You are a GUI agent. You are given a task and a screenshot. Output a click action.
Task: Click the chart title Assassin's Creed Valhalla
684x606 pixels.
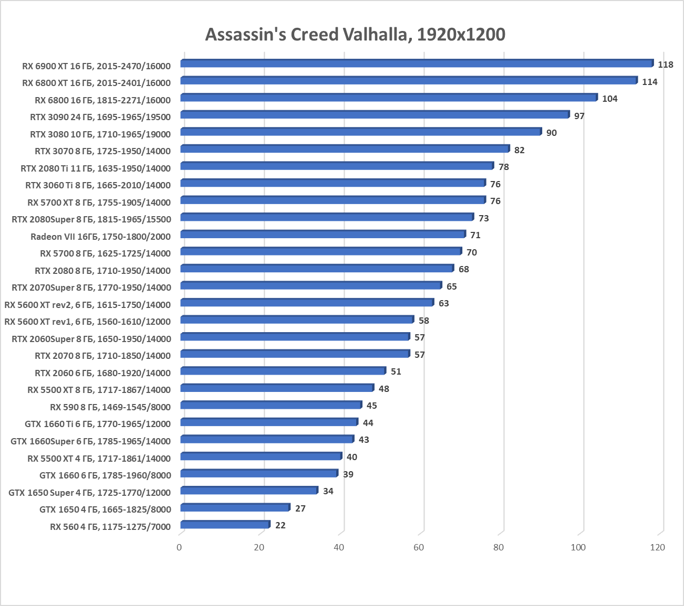(x=355, y=35)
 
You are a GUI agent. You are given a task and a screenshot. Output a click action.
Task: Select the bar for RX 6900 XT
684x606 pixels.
(x=417, y=63)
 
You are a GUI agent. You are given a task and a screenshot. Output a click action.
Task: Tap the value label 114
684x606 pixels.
(x=649, y=82)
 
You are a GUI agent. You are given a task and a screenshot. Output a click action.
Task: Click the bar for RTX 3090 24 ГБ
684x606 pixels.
(x=375, y=115)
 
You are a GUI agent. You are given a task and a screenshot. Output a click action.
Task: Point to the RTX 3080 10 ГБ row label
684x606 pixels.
(x=100, y=134)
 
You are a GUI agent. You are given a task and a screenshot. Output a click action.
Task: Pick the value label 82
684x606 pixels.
(x=519, y=150)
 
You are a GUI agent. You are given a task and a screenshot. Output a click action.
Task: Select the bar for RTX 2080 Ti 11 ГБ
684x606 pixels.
(x=337, y=166)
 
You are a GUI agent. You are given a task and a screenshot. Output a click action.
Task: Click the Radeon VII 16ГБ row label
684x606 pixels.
(x=100, y=237)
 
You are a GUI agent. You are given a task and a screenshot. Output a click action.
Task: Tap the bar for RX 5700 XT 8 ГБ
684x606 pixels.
(x=333, y=200)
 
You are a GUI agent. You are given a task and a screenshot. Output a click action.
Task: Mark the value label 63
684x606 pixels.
(x=444, y=303)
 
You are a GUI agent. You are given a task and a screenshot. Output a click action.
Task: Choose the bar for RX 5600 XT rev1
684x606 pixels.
(x=297, y=320)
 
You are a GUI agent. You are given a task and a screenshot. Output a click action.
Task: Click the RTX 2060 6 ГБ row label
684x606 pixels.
(x=102, y=373)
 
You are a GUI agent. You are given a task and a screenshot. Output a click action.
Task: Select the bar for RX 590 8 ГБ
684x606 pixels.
(x=271, y=405)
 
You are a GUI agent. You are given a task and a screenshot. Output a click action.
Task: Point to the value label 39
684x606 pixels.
(x=348, y=474)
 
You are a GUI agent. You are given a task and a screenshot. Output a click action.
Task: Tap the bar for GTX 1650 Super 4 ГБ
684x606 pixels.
(x=249, y=491)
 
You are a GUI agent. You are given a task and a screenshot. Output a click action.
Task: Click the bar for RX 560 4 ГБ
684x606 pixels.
(x=225, y=525)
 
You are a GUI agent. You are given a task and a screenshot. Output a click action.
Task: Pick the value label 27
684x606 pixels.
(x=300, y=508)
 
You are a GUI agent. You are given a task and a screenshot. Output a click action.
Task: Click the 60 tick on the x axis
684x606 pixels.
(x=419, y=547)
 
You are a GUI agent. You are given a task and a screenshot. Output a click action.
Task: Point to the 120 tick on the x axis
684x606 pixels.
(x=657, y=547)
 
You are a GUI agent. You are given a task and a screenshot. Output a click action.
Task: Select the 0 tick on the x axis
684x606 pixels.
(x=180, y=547)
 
